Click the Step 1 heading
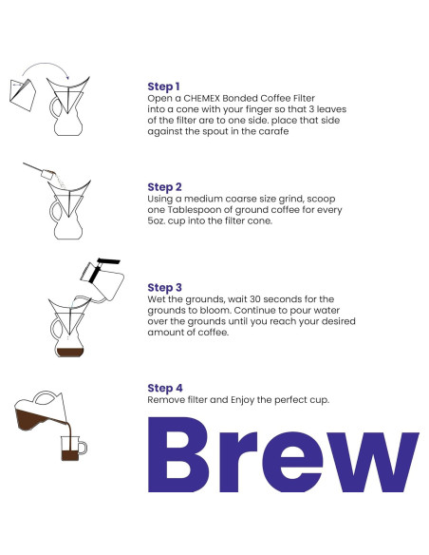pos(163,86)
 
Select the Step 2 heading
pos(164,187)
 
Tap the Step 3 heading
pos(165,287)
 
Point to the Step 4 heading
pos(165,388)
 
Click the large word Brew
pos(283,455)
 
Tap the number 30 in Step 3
pos(254,299)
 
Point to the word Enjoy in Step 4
pos(242,400)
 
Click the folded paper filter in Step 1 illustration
pos(23,95)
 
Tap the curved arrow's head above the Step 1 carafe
pos(67,78)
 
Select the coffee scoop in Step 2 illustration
pos(40,170)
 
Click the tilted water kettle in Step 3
pos(103,278)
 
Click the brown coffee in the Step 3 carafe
pos(70,352)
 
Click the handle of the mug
pos(84,448)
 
